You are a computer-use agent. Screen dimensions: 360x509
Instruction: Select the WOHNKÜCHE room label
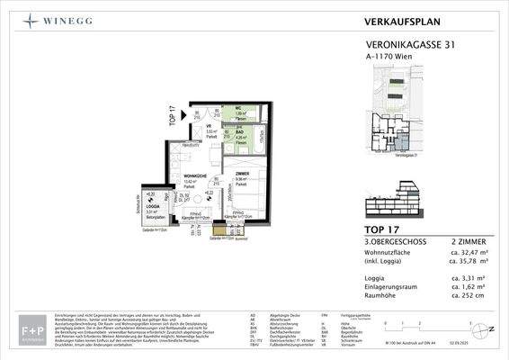point(197,175)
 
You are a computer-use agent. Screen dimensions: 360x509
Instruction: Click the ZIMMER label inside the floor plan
point(243,173)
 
